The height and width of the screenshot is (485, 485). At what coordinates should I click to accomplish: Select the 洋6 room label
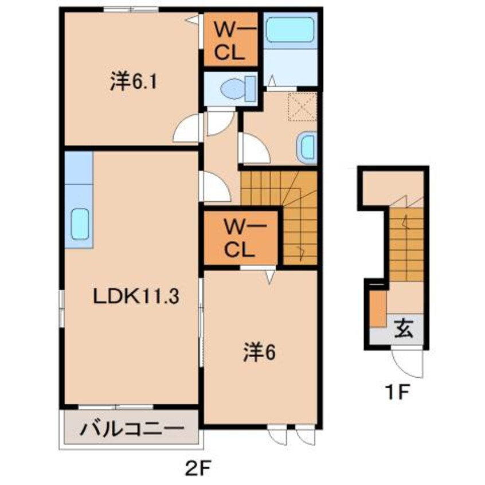(x=259, y=352)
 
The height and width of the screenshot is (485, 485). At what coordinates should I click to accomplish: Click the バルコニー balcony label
(x=132, y=428)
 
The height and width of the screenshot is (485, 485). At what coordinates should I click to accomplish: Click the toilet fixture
(x=236, y=89)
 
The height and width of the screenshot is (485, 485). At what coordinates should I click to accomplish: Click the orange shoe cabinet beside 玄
(x=377, y=308)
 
